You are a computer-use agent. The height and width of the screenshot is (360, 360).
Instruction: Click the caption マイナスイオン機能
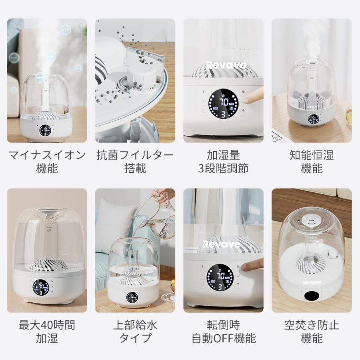(47, 161)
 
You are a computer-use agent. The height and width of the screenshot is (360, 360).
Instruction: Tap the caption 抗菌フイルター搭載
(135, 161)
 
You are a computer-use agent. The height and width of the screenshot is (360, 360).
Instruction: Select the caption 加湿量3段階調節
(223, 161)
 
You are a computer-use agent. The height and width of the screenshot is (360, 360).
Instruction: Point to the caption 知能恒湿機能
(312, 161)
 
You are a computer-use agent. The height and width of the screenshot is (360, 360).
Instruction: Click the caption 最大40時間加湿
(47, 331)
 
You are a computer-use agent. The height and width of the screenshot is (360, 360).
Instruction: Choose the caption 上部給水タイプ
(135, 331)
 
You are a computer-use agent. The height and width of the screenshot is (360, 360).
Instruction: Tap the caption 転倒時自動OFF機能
(223, 331)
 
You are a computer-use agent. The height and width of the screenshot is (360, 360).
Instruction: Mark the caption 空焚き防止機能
(312, 331)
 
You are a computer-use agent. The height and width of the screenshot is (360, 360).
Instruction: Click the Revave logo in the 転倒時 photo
(221, 244)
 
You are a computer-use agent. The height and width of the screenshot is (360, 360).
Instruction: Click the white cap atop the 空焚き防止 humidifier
(312, 220)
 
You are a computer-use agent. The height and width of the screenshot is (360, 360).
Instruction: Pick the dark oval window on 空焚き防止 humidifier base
(312, 296)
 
